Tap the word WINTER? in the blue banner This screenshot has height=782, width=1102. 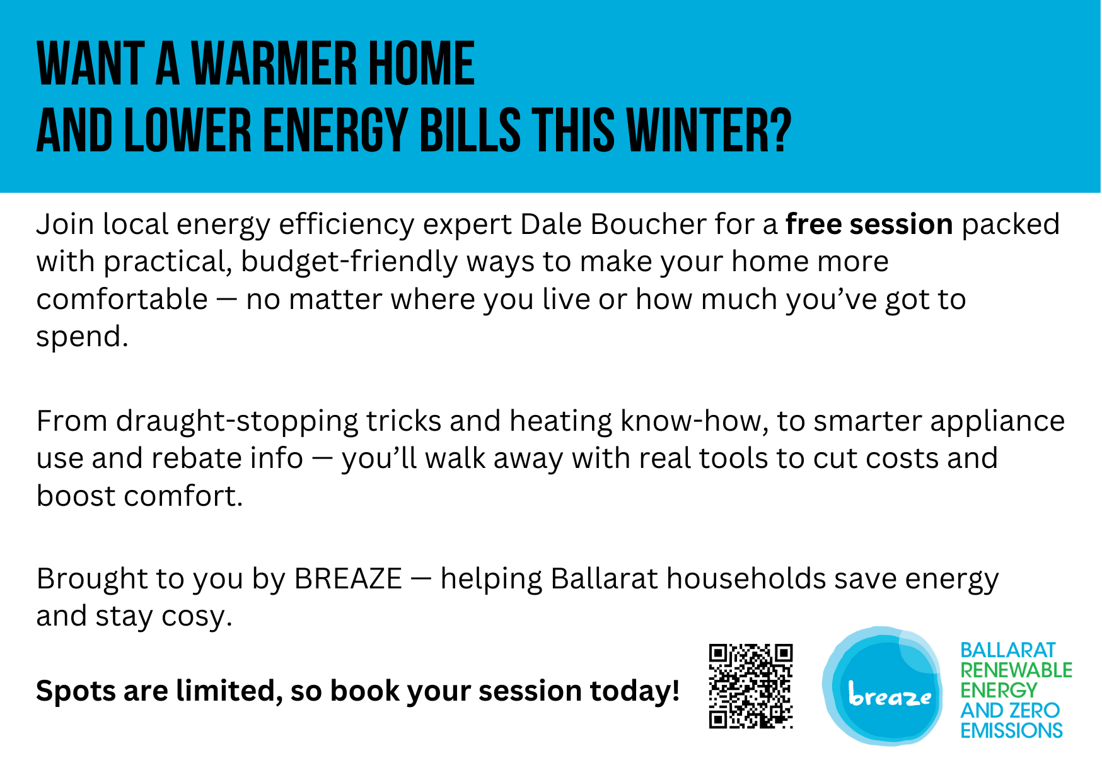[x=709, y=131]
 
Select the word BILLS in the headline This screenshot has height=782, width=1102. [x=470, y=131]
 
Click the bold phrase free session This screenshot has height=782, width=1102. [x=869, y=225]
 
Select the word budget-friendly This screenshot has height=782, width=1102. [x=349, y=262]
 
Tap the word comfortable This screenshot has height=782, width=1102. [x=122, y=300]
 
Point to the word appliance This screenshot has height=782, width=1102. [x=997, y=421]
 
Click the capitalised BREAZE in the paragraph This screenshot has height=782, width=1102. [x=348, y=579]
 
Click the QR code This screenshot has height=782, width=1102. [x=750, y=686]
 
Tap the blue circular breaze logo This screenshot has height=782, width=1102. [x=882, y=686]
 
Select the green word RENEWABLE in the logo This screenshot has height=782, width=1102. [x=1016, y=670]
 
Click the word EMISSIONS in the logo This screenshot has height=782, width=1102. [x=1011, y=730]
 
